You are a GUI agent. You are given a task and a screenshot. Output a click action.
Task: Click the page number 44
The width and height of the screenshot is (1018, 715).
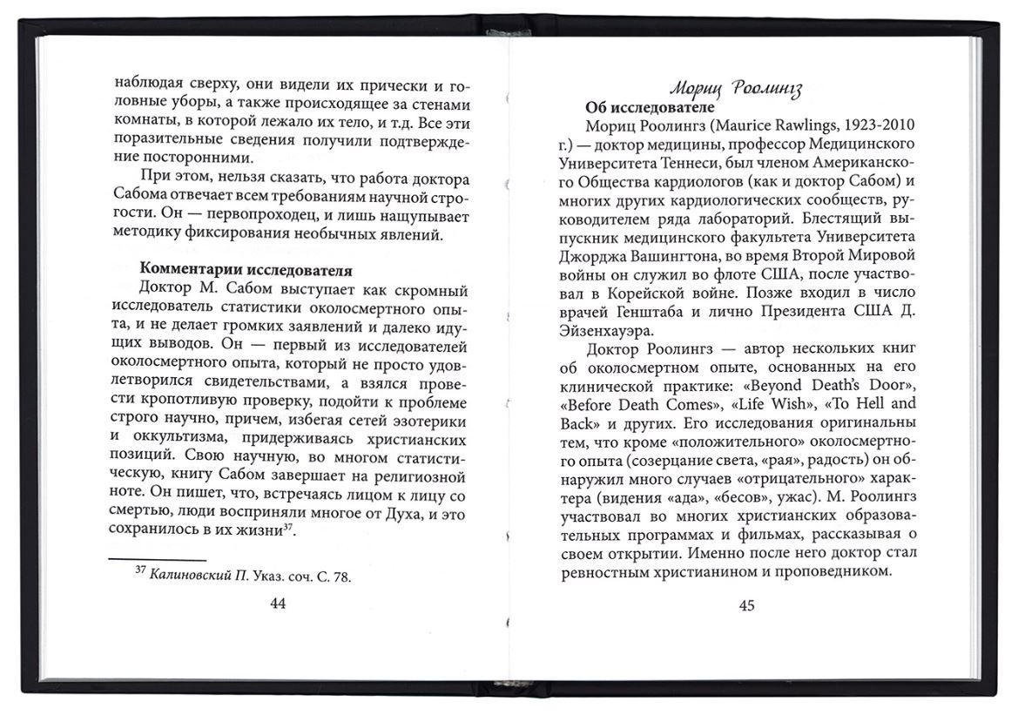[x=278, y=604]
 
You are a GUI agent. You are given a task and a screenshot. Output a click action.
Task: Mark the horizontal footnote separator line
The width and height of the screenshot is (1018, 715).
[x=157, y=558]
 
